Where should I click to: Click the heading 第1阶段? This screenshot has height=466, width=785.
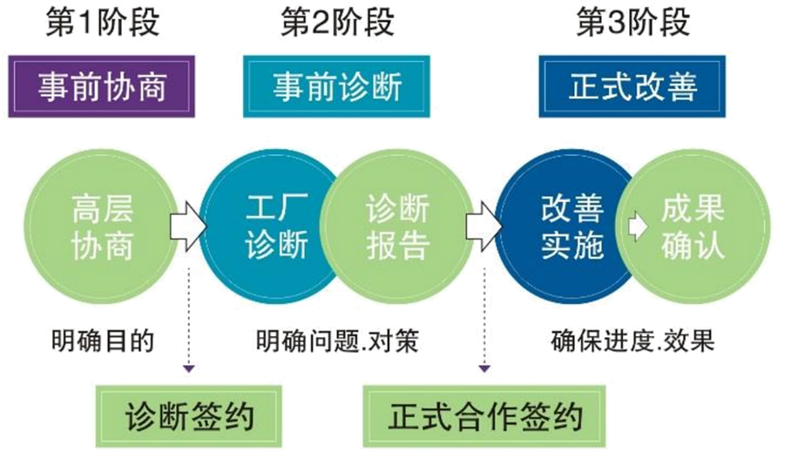(103, 24)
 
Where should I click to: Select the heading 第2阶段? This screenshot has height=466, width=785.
(336, 24)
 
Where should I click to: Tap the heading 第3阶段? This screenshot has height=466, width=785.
(633, 24)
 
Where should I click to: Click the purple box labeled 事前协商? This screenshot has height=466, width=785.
(102, 87)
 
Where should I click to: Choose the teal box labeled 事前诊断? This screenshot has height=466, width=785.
(336, 87)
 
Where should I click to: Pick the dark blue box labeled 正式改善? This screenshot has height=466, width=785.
(633, 87)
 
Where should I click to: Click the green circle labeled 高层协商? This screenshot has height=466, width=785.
(102, 228)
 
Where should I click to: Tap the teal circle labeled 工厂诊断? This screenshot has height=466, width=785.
(266, 228)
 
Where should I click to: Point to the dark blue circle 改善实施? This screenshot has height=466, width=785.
(562, 228)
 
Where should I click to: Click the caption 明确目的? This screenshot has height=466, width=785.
(102, 340)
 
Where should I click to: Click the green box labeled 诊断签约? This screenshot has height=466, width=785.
(189, 415)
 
